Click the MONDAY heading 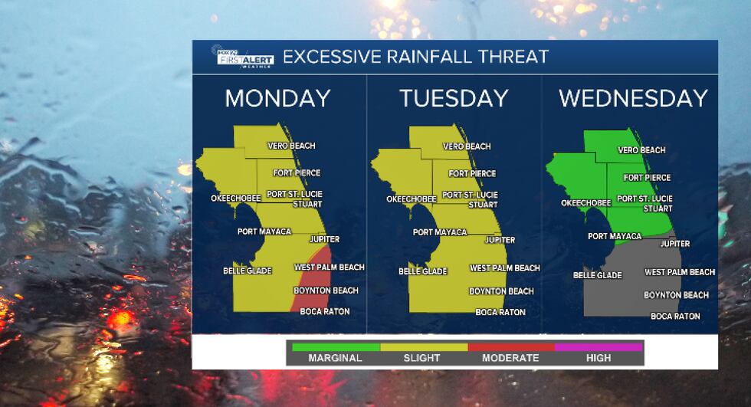pos(277,98)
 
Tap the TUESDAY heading pos(454,98)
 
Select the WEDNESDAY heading pos(632,98)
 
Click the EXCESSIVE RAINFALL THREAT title pos(416,57)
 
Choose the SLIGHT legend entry pos(421,357)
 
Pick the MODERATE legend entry pos(510,357)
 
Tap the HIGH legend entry pos(598,357)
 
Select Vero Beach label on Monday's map pos(291,146)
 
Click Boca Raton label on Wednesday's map pos(675,316)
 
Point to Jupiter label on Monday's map pos(324,239)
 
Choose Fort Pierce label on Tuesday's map pos(472,173)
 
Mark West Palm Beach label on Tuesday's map pos(504,268)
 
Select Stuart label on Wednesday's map pos(658,208)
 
